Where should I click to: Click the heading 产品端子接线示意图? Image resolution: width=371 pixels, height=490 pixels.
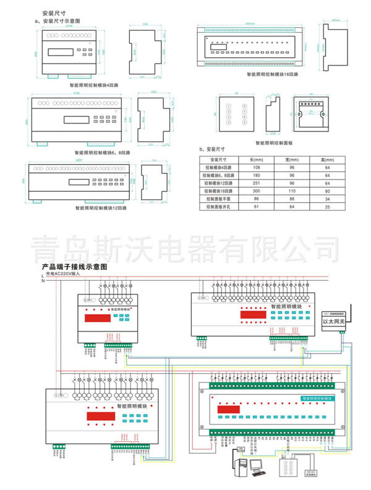74,267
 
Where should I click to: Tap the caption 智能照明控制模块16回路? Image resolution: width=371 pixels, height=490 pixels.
273,73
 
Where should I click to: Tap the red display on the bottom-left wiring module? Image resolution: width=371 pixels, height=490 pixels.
98,416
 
